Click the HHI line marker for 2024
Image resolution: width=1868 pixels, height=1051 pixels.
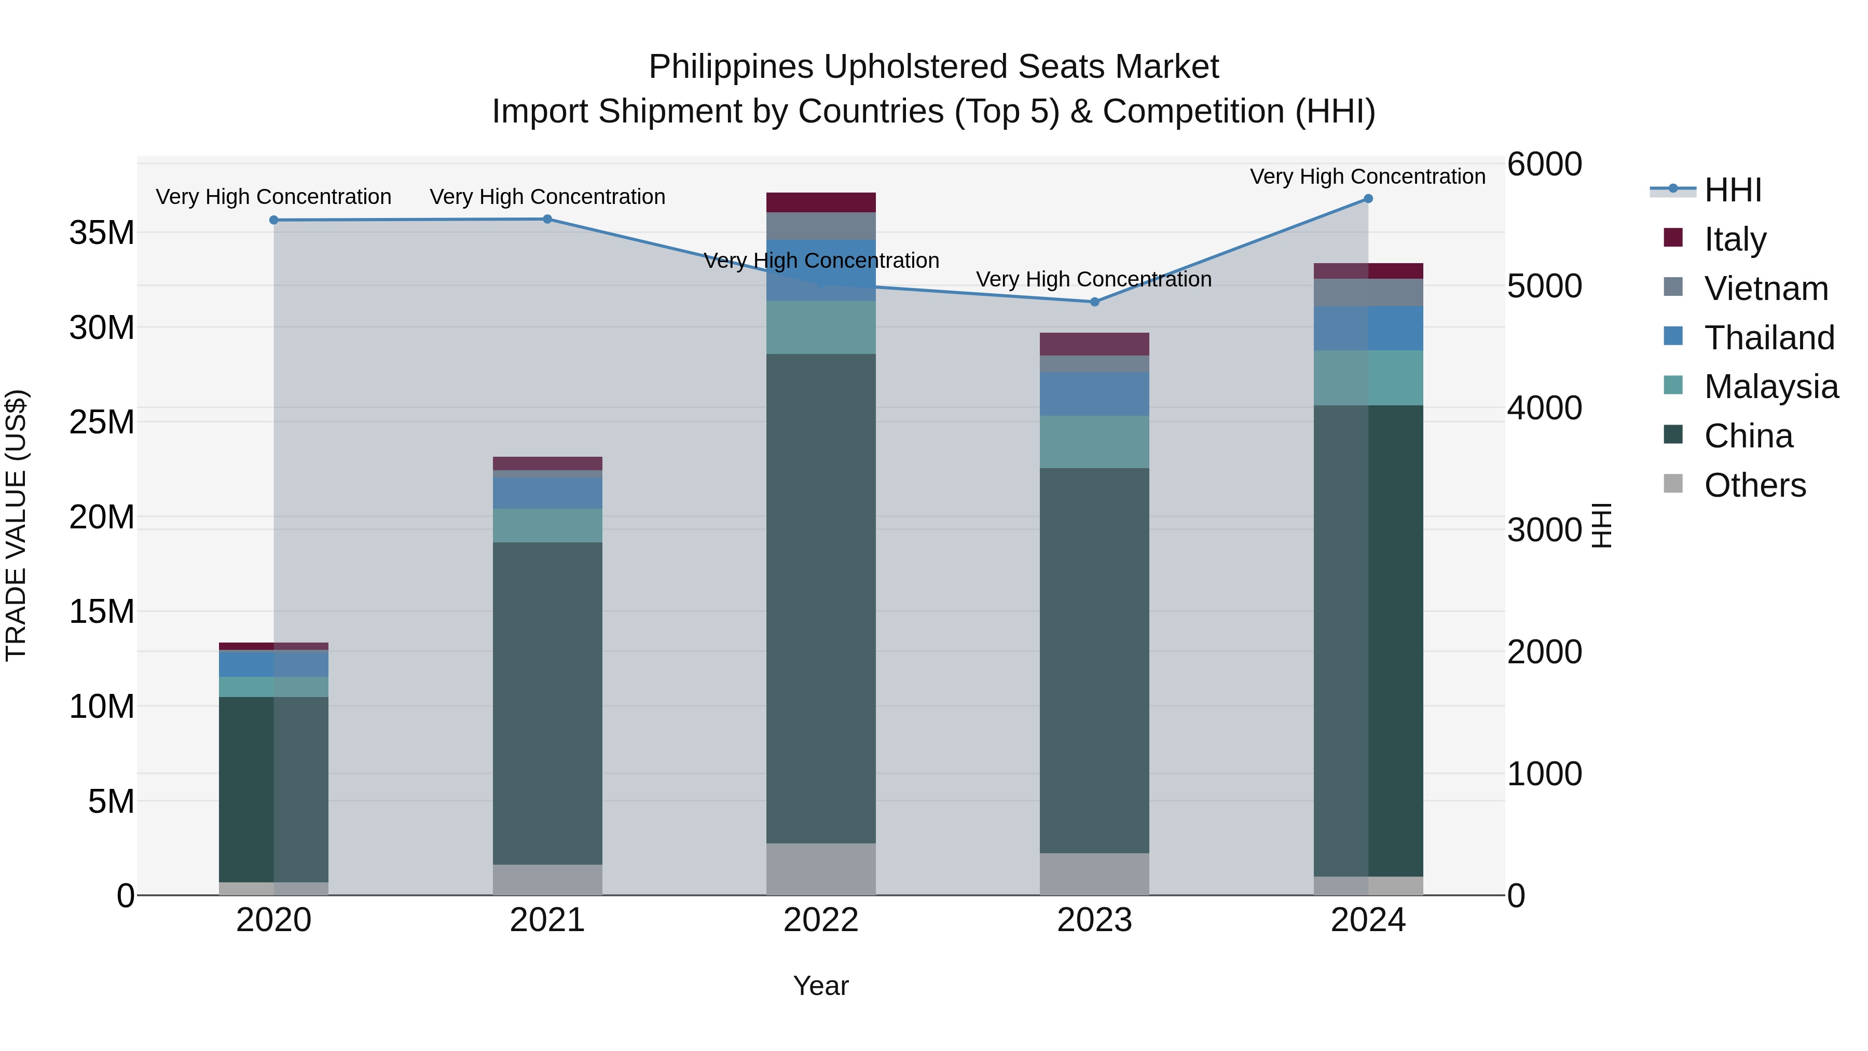pos(1368,199)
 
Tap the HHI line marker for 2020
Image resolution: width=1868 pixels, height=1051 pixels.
pos(274,220)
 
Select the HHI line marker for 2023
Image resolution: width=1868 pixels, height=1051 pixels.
pos(1094,302)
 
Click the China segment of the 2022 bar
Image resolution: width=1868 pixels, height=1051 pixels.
pos(821,598)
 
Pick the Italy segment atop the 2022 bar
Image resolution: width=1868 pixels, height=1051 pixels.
pos(821,202)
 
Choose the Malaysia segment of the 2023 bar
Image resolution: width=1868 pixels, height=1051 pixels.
pos(1094,442)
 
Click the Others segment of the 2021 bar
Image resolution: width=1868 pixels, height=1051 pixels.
pos(547,879)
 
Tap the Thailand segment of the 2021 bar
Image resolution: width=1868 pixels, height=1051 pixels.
pos(547,493)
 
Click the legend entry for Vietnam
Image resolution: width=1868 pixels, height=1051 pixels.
pos(1766,289)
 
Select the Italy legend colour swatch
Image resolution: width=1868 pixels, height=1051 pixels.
pos(1673,238)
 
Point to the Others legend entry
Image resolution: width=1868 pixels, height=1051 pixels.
pos(1755,485)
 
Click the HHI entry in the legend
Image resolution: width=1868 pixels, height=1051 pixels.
pos(1733,190)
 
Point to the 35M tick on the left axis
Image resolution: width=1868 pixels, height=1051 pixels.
pos(102,234)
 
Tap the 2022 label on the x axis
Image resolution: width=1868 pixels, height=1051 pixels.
pos(821,920)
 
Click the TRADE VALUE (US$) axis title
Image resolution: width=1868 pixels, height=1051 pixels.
pos(16,525)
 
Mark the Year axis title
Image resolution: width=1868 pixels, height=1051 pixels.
pos(821,986)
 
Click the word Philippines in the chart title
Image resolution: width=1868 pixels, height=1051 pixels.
pos(731,67)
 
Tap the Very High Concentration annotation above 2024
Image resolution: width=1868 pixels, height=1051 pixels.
pos(1368,176)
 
